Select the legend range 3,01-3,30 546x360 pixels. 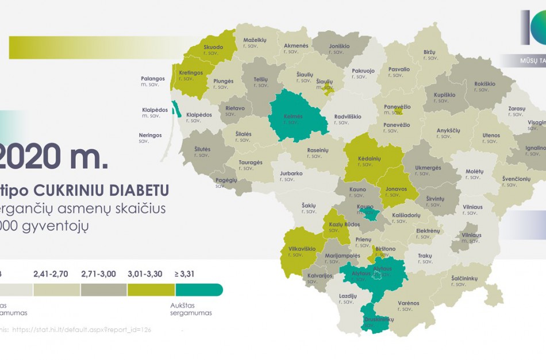click(x=143, y=274)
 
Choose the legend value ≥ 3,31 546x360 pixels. click(x=184, y=274)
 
